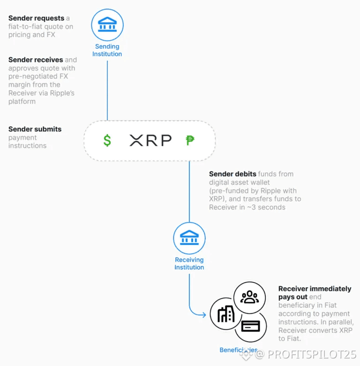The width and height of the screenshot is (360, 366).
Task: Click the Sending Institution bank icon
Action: [x=107, y=24]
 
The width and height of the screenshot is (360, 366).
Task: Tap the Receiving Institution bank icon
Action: [x=189, y=238]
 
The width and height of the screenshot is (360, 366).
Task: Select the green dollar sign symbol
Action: [x=107, y=140]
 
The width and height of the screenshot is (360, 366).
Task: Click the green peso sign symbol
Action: [x=190, y=140]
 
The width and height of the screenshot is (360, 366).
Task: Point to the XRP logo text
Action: [x=150, y=140]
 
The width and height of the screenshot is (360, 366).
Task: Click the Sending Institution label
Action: [x=107, y=50]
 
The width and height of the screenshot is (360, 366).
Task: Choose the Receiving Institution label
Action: [x=189, y=264]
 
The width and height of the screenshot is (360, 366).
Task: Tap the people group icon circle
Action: [x=249, y=297]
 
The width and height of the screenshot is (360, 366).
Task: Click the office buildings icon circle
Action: [x=226, y=314]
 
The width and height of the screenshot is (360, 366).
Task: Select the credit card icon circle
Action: [x=250, y=327]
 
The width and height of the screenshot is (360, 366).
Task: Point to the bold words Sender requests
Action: [x=36, y=18]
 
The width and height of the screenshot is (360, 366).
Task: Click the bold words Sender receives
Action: [x=36, y=60]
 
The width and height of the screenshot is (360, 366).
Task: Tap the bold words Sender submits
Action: [x=35, y=129]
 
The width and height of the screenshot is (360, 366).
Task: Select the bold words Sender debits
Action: [x=232, y=174]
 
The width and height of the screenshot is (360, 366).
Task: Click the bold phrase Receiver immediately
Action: [x=315, y=289]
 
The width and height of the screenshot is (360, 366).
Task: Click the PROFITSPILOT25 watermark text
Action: [x=312, y=354]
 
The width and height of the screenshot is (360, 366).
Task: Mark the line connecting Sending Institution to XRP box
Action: [x=107, y=89]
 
